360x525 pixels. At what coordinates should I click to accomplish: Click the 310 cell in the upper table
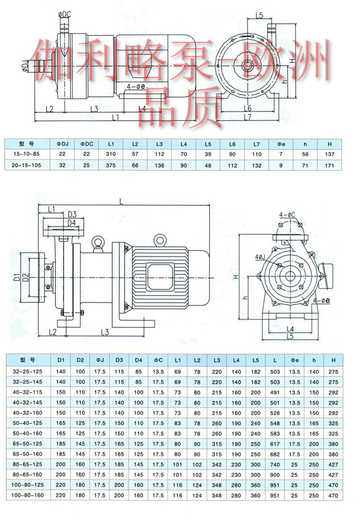click(x=111, y=154)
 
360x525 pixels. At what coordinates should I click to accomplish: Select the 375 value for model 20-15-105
click(x=111, y=166)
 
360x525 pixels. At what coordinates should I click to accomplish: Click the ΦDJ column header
click(x=62, y=143)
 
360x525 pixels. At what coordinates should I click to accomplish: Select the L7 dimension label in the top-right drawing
click(x=248, y=117)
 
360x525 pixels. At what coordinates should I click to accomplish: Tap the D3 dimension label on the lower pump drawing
click(x=72, y=214)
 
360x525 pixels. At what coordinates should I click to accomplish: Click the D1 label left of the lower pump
click(x=16, y=277)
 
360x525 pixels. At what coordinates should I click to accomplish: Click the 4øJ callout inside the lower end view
click(x=263, y=257)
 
